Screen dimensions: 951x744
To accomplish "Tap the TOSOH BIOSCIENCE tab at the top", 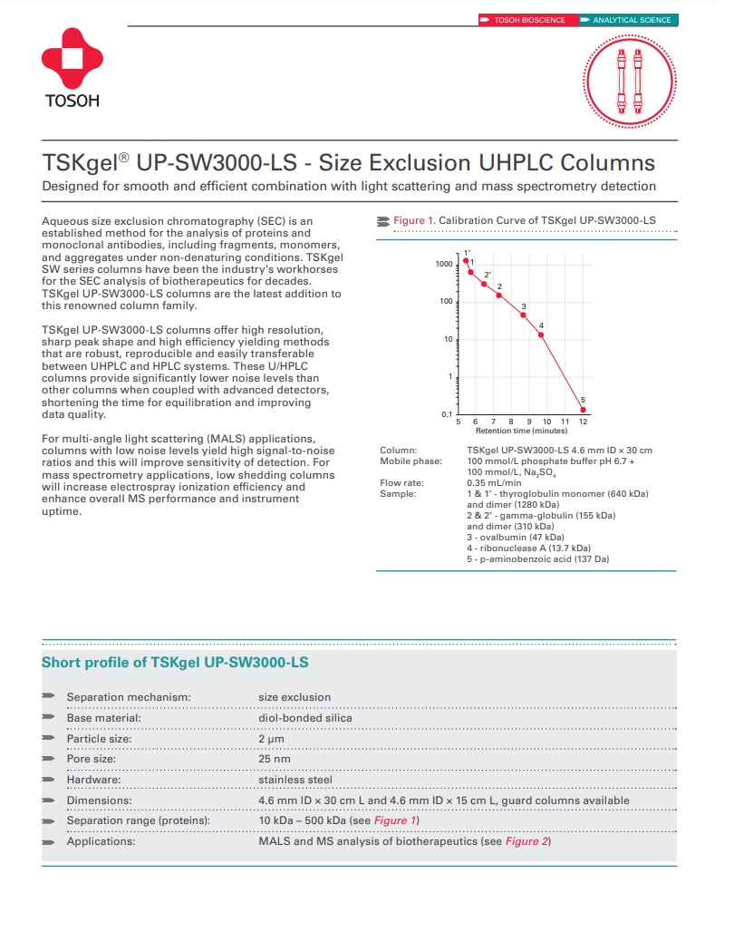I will click(x=527, y=20).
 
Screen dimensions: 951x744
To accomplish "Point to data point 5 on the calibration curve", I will click(x=583, y=410).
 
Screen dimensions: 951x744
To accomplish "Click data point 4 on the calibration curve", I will click(x=541, y=335).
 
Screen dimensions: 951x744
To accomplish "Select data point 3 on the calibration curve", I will click(x=523, y=315).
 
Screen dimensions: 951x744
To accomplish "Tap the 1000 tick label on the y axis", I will click(x=443, y=264).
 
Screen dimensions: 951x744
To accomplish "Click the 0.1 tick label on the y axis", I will click(x=447, y=414).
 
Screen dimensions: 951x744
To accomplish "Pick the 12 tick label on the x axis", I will click(x=583, y=422).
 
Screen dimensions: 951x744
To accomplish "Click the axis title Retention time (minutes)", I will click(x=521, y=432).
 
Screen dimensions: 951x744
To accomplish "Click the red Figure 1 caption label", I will click(x=414, y=220).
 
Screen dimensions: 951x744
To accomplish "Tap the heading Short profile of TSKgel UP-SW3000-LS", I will click(x=175, y=663).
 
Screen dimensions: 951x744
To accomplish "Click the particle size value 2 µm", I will click(x=272, y=739).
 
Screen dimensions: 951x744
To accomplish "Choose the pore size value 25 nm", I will click(x=275, y=759).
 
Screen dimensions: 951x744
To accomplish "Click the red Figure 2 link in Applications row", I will click(x=527, y=841).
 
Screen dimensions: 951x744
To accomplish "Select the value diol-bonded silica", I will click(x=305, y=718).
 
